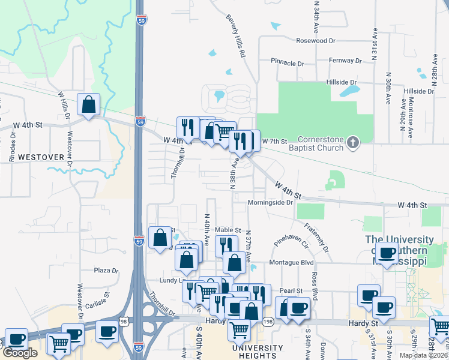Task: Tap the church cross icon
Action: pyautogui.click(x=353, y=143)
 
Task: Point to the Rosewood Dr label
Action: pyautogui.click(x=316, y=40)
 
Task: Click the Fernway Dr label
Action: pyautogui.click(x=346, y=61)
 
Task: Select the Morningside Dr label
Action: pyautogui.click(x=270, y=202)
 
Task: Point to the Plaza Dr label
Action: pyautogui.click(x=106, y=271)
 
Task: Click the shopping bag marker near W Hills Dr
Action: pyautogui.click(x=88, y=105)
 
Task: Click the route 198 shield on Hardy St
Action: pyautogui.click(x=268, y=323)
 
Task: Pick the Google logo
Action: pyautogui.click(x=20, y=353)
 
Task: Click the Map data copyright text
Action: pyautogui.click(x=422, y=355)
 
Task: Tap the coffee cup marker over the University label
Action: pyautogui.click(x=387, y=253)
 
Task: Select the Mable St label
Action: pyautogui.click(x=228, y=230)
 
